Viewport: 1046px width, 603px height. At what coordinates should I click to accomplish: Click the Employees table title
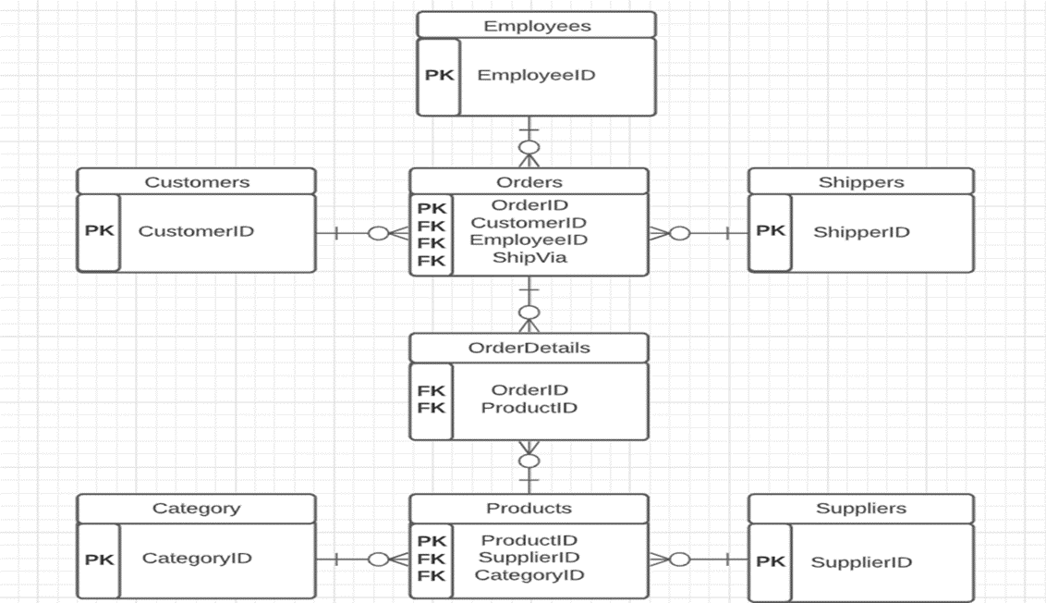[x=537, y=26]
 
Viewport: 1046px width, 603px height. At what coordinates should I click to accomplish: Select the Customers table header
[x=196, y=182]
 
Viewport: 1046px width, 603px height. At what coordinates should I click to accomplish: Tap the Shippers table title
[x=860, y=182]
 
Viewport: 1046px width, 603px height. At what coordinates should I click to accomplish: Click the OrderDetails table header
[x=529, y=348]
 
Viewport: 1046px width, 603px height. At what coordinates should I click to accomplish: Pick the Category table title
[x=196, y=508]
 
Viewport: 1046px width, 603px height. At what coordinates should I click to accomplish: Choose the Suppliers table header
[x=860, y=508]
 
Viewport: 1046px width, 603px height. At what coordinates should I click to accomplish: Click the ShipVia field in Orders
[x=529, y=257]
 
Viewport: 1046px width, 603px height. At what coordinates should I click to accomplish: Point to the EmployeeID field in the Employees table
[x=536, y=75]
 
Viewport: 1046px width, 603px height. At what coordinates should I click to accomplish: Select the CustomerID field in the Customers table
[x=196, y=231]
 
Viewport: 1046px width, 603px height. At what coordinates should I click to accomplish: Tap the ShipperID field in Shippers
[x=861, y=232]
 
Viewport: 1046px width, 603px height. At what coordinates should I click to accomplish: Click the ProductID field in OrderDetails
[x=529, y=408]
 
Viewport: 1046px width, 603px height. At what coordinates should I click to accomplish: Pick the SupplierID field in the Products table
[x=529, y=557]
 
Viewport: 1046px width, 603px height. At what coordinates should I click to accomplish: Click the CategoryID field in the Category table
[x=196, y=558]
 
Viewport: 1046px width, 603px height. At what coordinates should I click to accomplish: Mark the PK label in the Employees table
[x=439, y=75]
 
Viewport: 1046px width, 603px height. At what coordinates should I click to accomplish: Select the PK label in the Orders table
[x=432, y=209]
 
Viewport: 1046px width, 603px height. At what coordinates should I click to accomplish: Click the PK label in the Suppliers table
[x=770, y=561]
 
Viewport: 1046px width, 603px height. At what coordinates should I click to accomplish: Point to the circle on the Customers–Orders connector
[x=378, y=233]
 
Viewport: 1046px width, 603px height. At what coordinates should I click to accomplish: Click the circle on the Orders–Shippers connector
[x=679, y=233]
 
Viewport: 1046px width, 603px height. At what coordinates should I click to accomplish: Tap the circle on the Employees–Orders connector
[x=529, y=148]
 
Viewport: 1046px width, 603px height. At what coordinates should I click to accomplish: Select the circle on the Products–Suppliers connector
[x=679, y=559]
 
